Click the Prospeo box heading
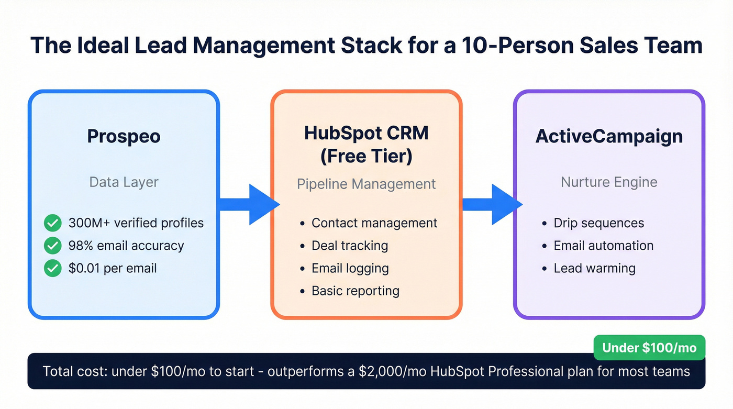pos(124,136)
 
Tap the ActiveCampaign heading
pos(609,136)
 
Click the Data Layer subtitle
pos(124,182)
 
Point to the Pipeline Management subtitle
pos(366,184)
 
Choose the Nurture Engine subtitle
pos(609,182)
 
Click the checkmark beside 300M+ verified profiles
pos(52,223)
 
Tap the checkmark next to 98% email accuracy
pos(52,246)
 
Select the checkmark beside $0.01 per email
pos(52,269)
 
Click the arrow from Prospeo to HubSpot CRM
pos(249,204)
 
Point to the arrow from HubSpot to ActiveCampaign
pos(492,204)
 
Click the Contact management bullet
pos(374,223)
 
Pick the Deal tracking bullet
pos(349,246)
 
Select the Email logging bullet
pos(350,269)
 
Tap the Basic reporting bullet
pos(355,291)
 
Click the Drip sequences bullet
pos(598,223)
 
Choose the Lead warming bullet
pos(594,269)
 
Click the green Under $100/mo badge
pos(649,348)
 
